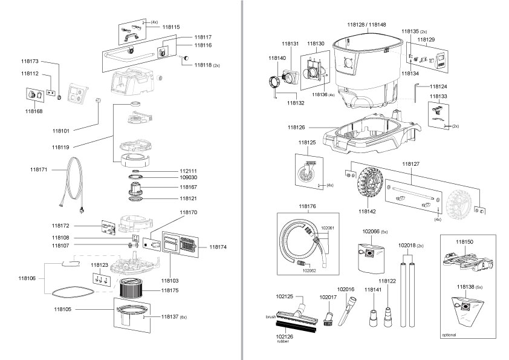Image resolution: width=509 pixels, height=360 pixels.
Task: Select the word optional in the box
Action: tap(449, 334)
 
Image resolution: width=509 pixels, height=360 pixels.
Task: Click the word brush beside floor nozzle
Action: tap(270, 316)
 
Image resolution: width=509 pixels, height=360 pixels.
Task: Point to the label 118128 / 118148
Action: tap(367, 24)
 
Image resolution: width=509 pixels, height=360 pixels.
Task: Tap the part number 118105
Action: tap(62, 308)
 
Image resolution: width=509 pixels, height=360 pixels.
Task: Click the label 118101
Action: tap(62, 130)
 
